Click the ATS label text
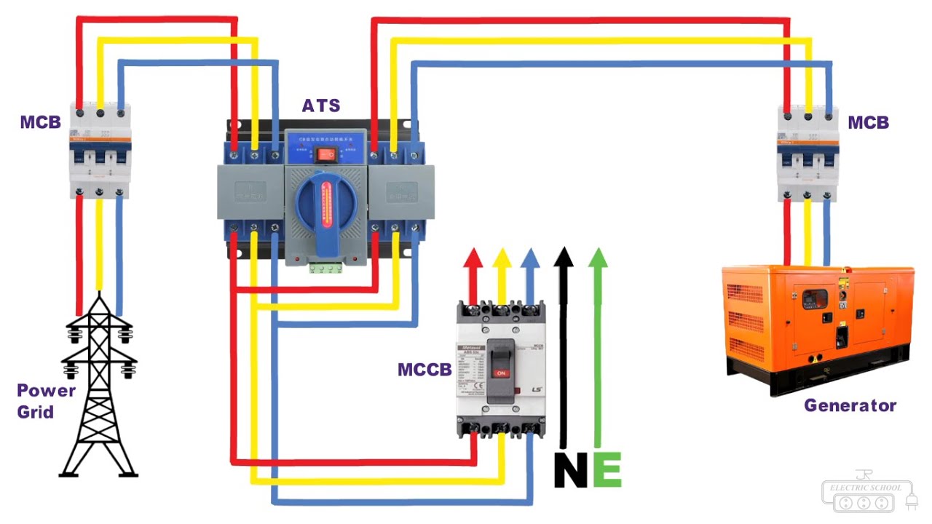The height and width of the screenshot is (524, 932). pyautogui.click(x=321, y=106)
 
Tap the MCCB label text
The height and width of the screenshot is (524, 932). pyautogui.click(x=424, y=370)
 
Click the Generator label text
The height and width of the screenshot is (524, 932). pyautogui.click(x=850, y=405)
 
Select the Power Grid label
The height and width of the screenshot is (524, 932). pyautogui.click(x=47, y=401)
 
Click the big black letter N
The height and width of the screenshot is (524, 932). pyautogui.click(x=570, y=470)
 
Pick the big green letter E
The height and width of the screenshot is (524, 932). pyautogui.click(x=607, y=470)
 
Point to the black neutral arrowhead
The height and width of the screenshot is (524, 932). pyautogui.click(x=563, y=257)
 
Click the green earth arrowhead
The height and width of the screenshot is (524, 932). pyautogui.click(x=598, y=257)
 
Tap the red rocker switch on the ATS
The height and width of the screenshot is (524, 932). pyautogui.click(x=326, y=154)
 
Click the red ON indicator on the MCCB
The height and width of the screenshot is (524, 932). pyautogui.click(x=500, y=373)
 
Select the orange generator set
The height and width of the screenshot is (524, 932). pyautogui.click(x=817, y=327)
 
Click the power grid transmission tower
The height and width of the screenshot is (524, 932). pyautogui.click(x=98, y=389)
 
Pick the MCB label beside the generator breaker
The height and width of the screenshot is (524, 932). pyautogui.click(x=868, y=122)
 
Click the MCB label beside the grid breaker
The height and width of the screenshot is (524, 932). pyautogui.click(x=40, y=122)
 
